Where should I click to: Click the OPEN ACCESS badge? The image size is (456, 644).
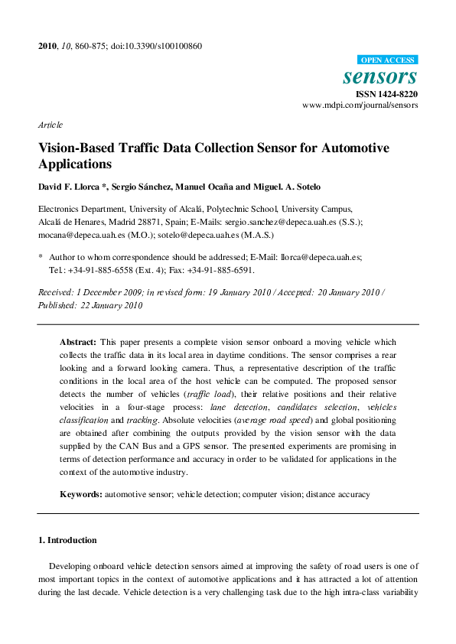[x=388, y=60]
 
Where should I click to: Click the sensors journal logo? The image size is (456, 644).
[x=380, y=76]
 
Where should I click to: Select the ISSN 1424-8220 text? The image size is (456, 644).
[x=387, y=94]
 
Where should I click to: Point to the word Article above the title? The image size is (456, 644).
[x=50, y=125]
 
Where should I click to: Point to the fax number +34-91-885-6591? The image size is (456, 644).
[x=223, y=270]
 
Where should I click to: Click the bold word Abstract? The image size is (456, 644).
[x=78, y=342]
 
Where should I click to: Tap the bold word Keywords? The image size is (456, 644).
[x=81, y=495]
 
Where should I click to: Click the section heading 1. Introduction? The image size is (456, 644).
[x=67, y=540]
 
